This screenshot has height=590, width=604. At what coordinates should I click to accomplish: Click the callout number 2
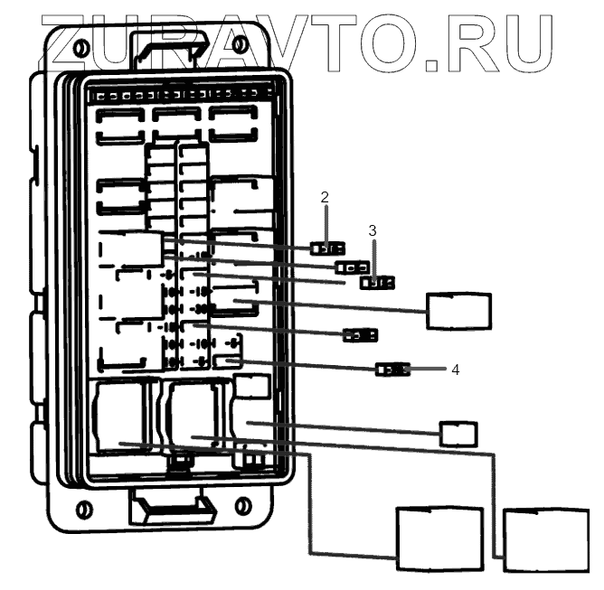326,196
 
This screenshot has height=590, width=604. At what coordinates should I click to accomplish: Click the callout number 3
372,230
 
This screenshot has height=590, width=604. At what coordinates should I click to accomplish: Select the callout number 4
456,370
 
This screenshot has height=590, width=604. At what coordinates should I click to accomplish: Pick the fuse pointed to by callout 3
378,283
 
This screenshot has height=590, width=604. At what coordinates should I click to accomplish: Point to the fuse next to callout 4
393,370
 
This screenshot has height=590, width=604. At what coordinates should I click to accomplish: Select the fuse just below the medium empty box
360,336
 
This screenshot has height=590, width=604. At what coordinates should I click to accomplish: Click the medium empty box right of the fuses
458,310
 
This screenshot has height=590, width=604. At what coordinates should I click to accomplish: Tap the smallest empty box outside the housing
458,434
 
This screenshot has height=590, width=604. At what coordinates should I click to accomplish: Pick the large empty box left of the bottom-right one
440,538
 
